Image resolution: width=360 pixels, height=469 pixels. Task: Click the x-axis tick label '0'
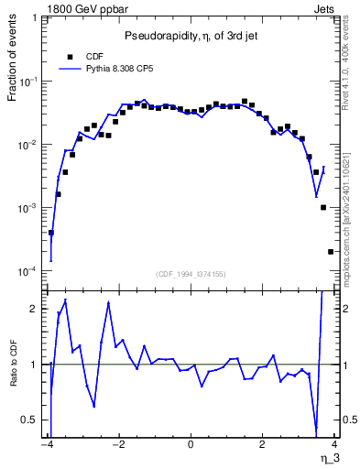pos(190,446)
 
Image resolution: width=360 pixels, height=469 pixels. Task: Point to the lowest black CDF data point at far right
pos(331,252)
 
